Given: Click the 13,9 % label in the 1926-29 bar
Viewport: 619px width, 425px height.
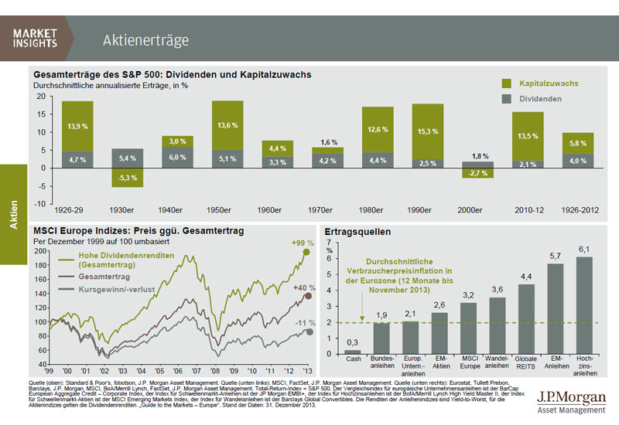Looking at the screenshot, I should [77, 125].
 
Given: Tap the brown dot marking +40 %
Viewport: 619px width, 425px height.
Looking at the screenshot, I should [308, 296].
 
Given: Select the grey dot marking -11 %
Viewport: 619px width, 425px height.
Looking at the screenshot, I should [308, 332].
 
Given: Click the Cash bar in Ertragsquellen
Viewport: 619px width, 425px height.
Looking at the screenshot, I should [353, 352].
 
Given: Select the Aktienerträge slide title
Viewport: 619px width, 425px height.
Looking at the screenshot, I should [145, 40].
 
